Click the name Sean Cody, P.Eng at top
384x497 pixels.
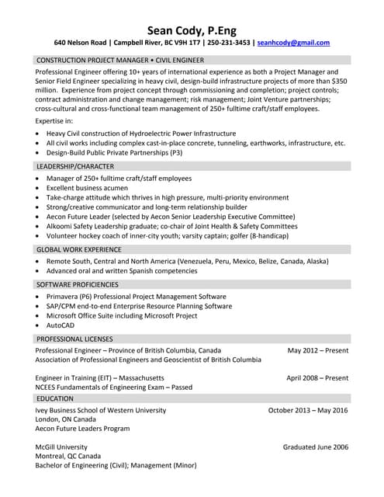(192, 28)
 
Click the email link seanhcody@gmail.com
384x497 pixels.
(293, 43)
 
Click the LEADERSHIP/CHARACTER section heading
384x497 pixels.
(75, 166)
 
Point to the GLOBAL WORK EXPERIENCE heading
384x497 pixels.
(78, 249)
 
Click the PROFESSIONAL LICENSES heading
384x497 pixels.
(74, 339)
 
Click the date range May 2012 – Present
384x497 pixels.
(317, 350)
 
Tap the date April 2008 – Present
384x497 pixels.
(317, 377)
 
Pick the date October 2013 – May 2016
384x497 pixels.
(308, 410)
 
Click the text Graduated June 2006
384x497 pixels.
(315, 447)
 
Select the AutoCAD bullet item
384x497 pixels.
(61, 325)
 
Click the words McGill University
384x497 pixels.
(61, 447)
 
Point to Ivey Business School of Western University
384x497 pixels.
(101, 410)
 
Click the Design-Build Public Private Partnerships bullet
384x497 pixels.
(114, 153)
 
